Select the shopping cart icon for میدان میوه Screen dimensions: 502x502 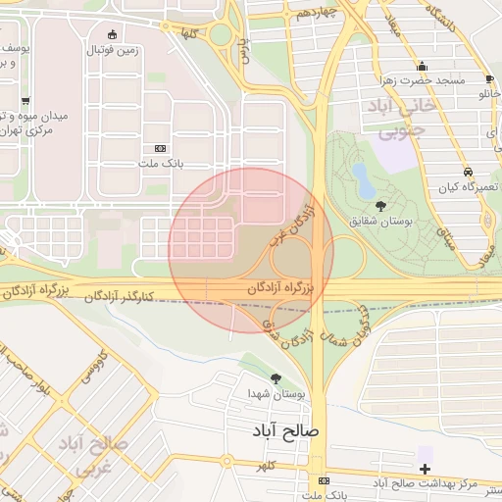[25, 100]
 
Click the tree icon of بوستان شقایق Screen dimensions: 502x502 [380, 206]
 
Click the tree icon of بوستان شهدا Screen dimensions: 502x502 [276, 377]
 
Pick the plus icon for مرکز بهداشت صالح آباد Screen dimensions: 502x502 [425, 469]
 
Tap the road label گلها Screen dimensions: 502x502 [188, 33]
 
